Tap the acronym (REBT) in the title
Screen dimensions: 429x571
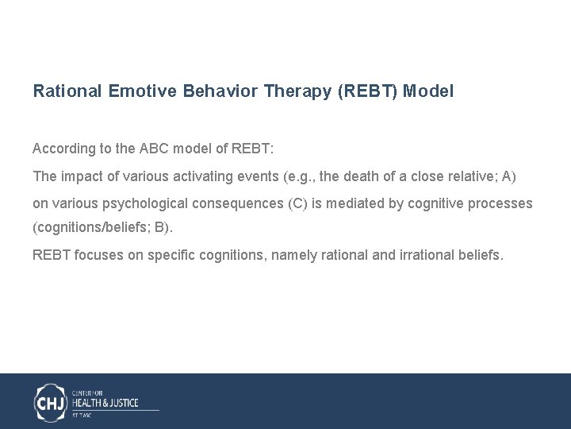pyautogui.click(x=367, y=91)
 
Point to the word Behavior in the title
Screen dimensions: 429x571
pyautogui.click(x=220, y=91)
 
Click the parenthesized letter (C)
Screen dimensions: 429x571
pyautogui.click(x=296, y=203)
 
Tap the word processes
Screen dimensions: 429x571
pyautogui.click(x=504, y=203)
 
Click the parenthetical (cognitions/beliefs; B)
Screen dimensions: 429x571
pyautogui.click(x=102, y=228)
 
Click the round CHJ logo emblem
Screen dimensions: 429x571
pyautogui.click(x=51, y=402)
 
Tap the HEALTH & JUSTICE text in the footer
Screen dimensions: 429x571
pyautogui.click(x=105, y=403)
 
